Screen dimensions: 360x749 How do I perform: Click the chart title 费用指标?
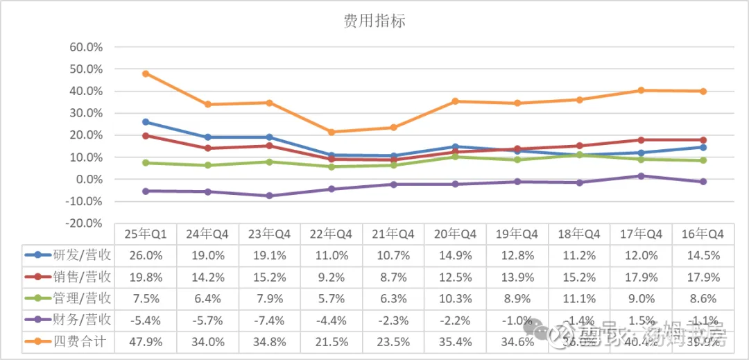pos(374,21)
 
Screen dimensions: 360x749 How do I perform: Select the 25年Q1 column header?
pos(145,234)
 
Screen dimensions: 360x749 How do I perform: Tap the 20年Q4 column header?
pos(456,234)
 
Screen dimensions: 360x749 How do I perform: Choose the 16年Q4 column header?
pos(704,234)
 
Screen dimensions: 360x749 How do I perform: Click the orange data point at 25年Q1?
pos(146,74)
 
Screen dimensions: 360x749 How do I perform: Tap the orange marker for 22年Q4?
pos(332,132)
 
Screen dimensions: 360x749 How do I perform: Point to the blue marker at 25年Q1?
pos(146,122)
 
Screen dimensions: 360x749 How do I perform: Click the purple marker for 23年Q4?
pos(269,196)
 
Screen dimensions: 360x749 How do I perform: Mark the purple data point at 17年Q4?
pos(641,176)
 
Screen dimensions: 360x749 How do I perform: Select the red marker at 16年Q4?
pos(703,140)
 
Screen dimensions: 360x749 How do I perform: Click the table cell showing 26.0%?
pos(145,255)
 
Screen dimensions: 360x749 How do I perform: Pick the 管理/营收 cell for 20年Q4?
pos(456,298)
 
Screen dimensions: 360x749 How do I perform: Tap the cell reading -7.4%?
pos(269,320)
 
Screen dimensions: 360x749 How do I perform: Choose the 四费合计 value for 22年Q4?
pos(332,341)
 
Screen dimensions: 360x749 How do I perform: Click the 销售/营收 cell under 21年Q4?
pos(393,277)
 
